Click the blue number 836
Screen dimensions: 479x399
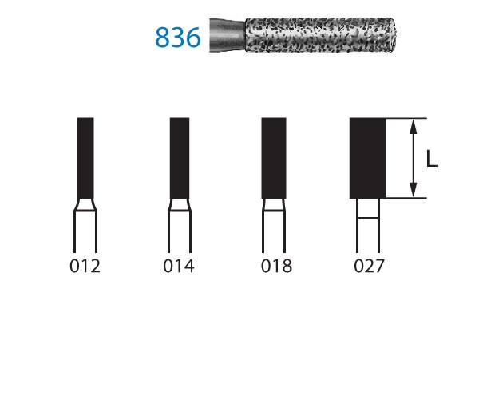point(178,38)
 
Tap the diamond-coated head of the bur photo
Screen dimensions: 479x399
point(320,35)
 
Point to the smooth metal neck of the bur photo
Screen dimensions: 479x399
point(228,35)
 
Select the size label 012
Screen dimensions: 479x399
point(85,267)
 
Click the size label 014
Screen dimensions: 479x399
point(179,267)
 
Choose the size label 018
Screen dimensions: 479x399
point(276,267)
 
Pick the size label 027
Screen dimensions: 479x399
point(369,267)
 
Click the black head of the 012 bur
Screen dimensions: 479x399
point(85,158)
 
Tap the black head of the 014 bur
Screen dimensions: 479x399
point(180,158)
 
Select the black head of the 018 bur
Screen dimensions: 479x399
point(274,158)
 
